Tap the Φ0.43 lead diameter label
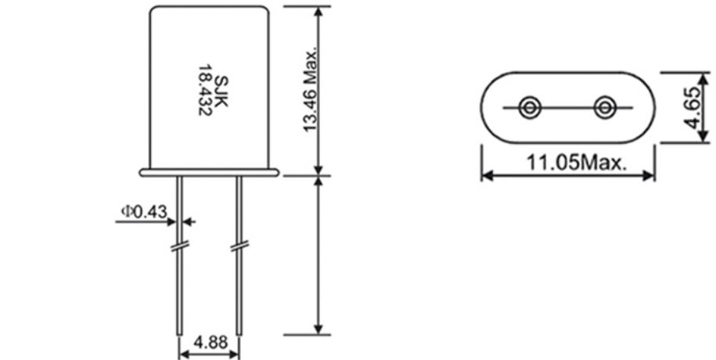point(144,211)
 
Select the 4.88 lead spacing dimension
point(210,342)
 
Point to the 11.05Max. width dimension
point(576,163)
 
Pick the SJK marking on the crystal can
point(221,92)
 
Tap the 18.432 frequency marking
point(205,90)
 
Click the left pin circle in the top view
point(530,108)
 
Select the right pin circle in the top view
point(605,108)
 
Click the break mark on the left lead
point(179,247)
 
